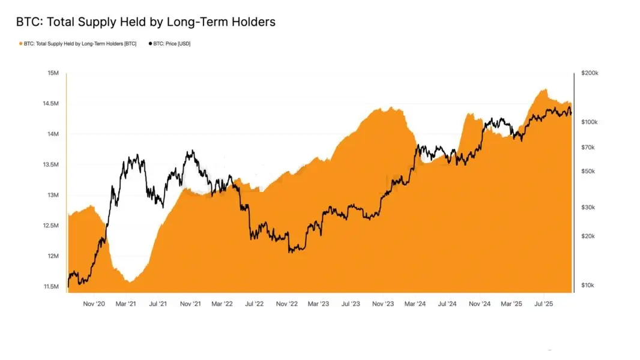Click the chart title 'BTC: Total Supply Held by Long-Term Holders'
click(x=146, y=22)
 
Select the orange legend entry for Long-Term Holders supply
click(x=79, y=44)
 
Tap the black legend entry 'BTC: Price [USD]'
click(x=170, y=44)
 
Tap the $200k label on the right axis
click(x=590, y=73)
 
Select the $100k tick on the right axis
click(x=590, y=122)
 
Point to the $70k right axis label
click(x=588, y=147)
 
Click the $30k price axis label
click(x=588, y=207)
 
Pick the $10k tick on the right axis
click(x=588, y=285)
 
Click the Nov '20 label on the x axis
click(x=94, y=304)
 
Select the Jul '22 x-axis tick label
click(x=254, y=304)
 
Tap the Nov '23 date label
click(x=382, y=304)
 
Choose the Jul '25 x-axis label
click(x=543, y=304)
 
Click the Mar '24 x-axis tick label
click(x=415, y=304)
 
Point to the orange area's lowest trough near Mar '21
click(x=130, y=281)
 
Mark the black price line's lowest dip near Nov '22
click(x=291, y=251)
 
